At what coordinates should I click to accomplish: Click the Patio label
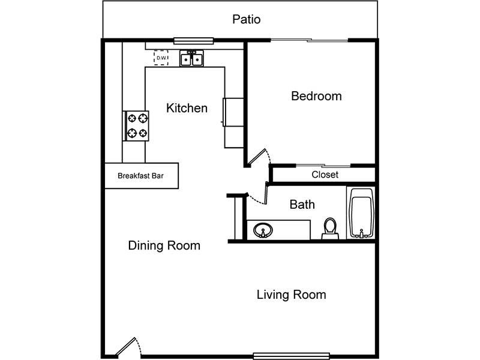247,19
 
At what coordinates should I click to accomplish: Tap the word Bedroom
316,96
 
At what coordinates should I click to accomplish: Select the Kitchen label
187,108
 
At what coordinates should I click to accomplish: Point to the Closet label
325,175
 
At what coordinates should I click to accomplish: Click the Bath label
302,205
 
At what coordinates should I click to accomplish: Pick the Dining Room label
164,245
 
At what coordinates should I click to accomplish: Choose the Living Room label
291,295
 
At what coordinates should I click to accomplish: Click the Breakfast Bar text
140,176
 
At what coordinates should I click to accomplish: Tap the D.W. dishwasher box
161,58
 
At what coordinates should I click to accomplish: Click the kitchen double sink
191,58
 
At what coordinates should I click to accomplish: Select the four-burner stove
136,126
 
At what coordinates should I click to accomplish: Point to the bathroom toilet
330,229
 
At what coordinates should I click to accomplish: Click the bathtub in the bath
362,213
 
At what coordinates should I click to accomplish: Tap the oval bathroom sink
263,230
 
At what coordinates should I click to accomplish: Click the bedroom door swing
260,157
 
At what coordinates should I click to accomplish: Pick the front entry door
128,347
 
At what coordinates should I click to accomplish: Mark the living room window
292,356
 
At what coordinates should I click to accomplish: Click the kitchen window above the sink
193,40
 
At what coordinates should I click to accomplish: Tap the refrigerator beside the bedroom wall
233,112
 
